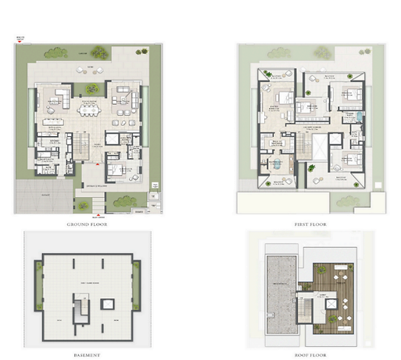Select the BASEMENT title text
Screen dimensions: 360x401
click(x=88, y=355)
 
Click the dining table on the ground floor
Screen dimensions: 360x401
click(x=54, y=122)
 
